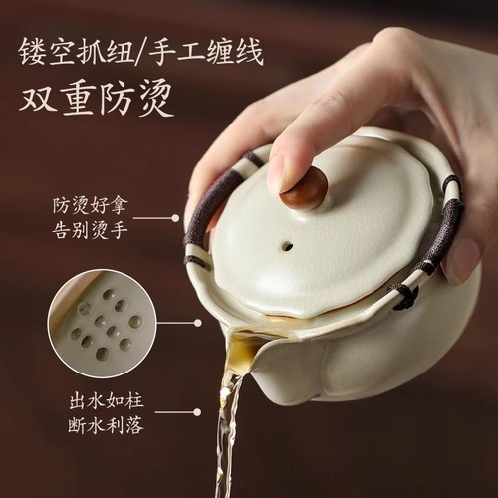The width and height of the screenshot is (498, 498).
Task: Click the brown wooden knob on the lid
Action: pos(303,188)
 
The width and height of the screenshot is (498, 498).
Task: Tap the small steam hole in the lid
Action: pos(286,244)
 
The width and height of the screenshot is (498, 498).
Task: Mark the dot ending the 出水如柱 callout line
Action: pos(196,411)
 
